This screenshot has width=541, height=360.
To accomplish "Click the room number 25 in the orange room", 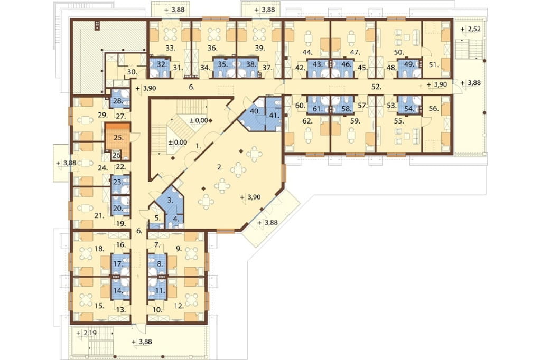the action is click(118, 138).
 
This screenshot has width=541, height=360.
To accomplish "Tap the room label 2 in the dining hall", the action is click(220, 167).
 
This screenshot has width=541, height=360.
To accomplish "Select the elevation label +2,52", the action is click(470, 29).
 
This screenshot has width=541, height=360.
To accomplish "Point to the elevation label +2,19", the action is click(87, 334).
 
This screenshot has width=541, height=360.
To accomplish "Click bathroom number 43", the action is click(318, 64).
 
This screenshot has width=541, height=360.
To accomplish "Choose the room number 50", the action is click(399, 52).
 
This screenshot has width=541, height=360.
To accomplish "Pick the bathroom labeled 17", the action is click(118, 264).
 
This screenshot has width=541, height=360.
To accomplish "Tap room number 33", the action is click(171, 48).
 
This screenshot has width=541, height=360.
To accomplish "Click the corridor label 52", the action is click(377, 87).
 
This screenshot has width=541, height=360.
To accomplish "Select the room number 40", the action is click(255, 111).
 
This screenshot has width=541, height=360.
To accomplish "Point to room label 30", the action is click(132, 72).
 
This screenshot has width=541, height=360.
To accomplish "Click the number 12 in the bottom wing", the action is click(179, 306).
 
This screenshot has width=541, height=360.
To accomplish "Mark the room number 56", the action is click(434, 109).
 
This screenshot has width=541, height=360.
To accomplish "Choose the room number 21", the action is click(99, 215).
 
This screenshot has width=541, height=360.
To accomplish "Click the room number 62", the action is click(307, 121).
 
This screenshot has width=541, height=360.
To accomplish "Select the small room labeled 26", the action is click(117, 155).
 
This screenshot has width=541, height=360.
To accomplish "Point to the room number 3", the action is click(170, 200).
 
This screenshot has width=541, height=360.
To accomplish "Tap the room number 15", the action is click(99, 306).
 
